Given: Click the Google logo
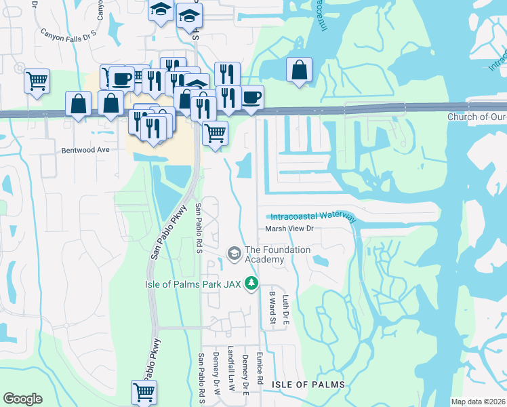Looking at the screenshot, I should [x=22, y=399].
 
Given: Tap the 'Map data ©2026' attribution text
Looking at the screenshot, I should [x=479, y=402].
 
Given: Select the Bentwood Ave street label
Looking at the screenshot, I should [x=85, y=151].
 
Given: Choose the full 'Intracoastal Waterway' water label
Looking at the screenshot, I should [x=312, y=217].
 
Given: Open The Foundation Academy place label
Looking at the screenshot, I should [x=277, y=254].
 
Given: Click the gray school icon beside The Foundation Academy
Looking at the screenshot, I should [x=235, y=254].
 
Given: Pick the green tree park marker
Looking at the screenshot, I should [x=252, y=282].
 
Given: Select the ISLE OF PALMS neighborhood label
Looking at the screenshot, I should [x=308, y=385].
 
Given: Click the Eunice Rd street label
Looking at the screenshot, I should [x=260, y=372].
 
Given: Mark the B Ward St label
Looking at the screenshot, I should [x=271, y=306].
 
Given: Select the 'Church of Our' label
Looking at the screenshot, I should [x=476, y=117].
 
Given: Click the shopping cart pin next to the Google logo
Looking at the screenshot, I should [x=144, y=391].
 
